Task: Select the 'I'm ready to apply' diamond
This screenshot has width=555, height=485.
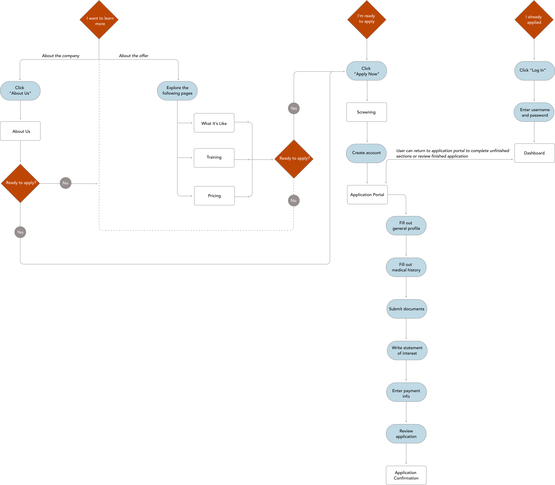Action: (367, 19)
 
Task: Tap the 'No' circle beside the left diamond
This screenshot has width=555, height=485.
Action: (65, 183)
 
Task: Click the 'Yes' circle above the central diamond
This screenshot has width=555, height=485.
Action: (294, 108)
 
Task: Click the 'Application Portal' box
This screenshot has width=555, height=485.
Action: (367, 195)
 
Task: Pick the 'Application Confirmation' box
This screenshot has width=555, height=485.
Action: (406, 475)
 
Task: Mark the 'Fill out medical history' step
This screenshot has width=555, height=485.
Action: (406, 267)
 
